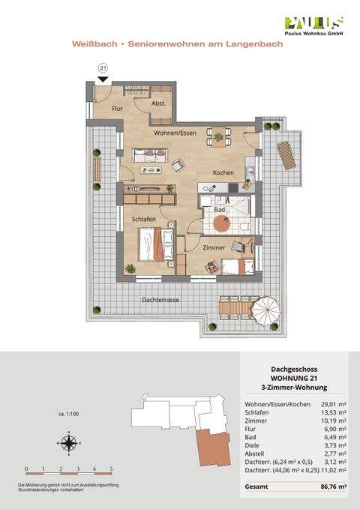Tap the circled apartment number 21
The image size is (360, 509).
tap(103, 69)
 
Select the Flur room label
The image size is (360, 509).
tap(117, 109)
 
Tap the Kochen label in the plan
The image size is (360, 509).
tap(223, 173)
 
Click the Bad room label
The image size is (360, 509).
tap(219, 210)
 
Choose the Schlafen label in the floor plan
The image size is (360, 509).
tap(144, 219)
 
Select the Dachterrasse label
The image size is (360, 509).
tap(161, 300)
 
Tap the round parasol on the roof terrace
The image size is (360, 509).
tap(268, 309)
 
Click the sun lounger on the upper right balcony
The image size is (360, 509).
tap(287, 156)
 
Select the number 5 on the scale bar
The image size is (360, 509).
tap(111, 469)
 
